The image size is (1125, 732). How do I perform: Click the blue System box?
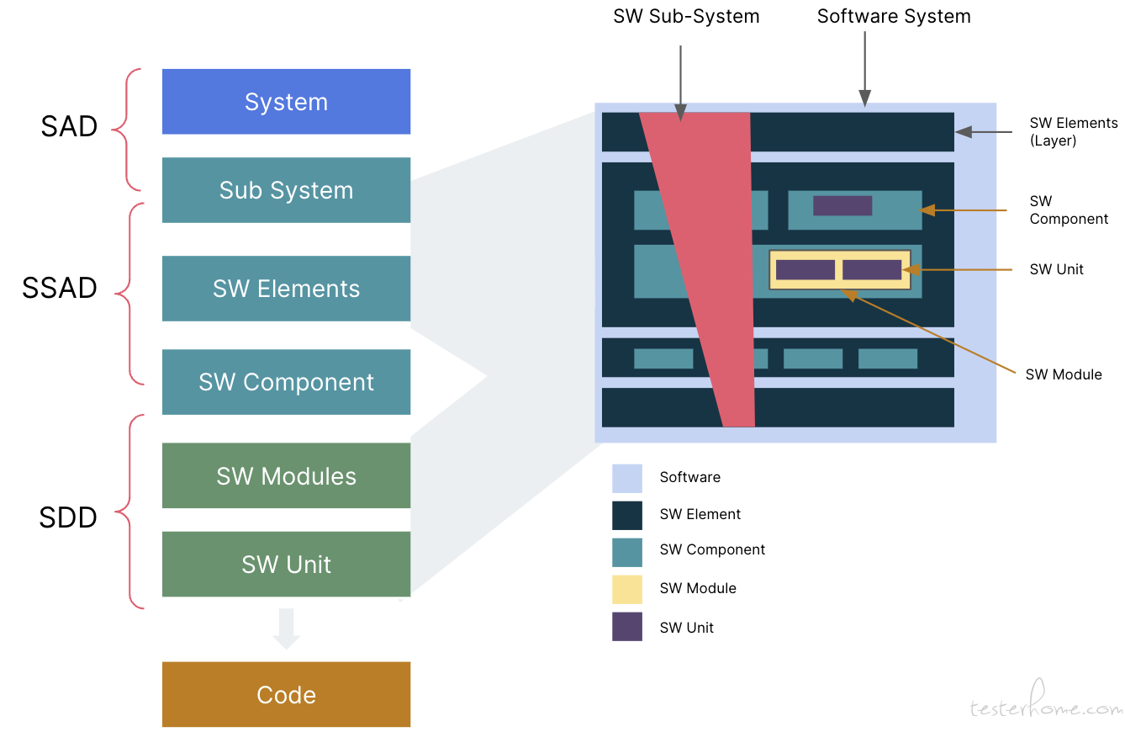[x=286, y=102]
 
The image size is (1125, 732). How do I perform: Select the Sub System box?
[x=286, y=190]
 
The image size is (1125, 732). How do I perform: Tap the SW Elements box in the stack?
[x=286, y=289]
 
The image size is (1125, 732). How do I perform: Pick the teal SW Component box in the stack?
[x=286, y=382]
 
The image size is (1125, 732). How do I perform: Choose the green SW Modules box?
[x=286, y=475]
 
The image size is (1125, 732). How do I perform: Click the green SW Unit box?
[x=286, y=565]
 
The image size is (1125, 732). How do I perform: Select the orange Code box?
[x=286, y=694]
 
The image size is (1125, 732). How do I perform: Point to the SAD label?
[x=69, y=126]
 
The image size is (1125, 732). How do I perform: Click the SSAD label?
[x=59, y=288]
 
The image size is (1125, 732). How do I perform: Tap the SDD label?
[x=68, y=517]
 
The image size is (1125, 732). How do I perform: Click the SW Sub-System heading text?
[x=686, y=16]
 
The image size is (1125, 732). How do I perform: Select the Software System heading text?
[x=894, y=16]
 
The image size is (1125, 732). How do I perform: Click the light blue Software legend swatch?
[x=626, y=478]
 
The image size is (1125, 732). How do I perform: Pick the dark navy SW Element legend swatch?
[x=626, y=516]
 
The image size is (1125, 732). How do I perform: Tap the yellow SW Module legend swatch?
[x=626, y=589]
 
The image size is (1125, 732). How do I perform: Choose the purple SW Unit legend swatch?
[x=626, y=627]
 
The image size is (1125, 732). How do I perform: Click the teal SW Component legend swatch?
[x=626, y=552]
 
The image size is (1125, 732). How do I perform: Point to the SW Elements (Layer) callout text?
[x=1073, y=131]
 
